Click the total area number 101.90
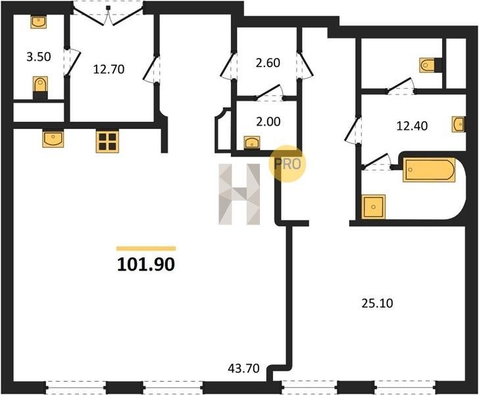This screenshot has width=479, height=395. click(x=145, y=265)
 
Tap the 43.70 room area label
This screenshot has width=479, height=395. click(x=243, y=368)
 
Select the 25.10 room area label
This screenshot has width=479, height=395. click(x=377, y=303)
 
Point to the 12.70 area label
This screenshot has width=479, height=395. click(x=109, y=69)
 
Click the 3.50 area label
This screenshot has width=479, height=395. click(x=38, y=57)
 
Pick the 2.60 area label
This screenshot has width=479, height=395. click(x=268, y=63)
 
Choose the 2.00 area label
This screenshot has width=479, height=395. click(x=268, y=122)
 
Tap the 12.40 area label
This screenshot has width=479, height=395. click(x=412, y=126)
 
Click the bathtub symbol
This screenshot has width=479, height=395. click(x=429, y=170)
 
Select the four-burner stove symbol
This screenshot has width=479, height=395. click(x=107, y=142)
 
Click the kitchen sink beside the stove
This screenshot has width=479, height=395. click(x=53, y=139)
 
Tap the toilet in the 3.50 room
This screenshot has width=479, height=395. click(x=40, y=88)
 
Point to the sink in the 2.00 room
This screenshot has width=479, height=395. click(x=252, y=142)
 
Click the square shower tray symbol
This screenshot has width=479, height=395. click(x=373, y=207)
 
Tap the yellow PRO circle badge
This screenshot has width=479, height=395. click(x=287, y=163)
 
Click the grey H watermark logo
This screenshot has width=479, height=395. click(x=239, y=194)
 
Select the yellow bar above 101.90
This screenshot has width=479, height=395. click(x=146, y=249)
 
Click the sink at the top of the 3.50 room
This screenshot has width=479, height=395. click(x=38, y=22)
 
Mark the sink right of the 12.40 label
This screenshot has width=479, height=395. click(x=459, y=124)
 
